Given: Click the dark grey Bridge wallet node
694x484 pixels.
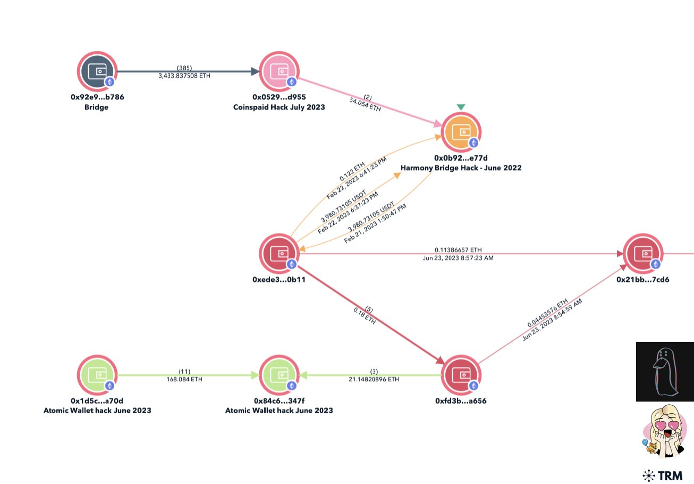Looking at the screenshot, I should click(x=97, y=71).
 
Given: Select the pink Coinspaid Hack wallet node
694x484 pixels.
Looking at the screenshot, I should click(x=279, y=71).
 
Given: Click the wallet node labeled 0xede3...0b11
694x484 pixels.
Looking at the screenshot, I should click(x=279, y=253).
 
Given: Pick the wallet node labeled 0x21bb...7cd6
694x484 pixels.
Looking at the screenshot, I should click(x=642, y=253).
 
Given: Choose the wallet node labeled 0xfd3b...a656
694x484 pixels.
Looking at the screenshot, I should click(x=461, y=374).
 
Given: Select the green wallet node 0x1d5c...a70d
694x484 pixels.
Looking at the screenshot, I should click(x=97, y=374).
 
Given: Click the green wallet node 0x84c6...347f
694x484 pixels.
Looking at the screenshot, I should click(x=279, y=374).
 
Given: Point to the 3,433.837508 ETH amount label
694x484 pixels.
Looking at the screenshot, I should click(x=184, y=76).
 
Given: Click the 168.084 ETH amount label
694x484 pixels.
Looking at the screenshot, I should click(x=184, y=379).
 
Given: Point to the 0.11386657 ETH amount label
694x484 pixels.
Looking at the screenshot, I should click(x=458, y=249).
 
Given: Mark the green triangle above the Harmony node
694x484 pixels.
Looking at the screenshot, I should click(x=461, y=107).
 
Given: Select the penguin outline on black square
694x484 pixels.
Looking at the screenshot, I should click(x=664, y=371).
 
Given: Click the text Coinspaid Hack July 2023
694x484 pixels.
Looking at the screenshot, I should click(x=279, y=107).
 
